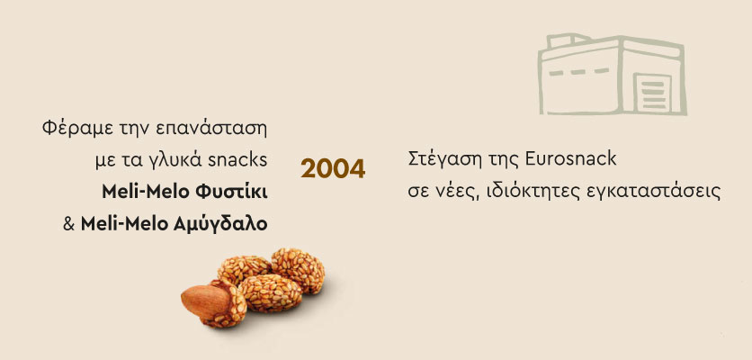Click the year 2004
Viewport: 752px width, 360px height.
pyautogui.click(x=333, y=168)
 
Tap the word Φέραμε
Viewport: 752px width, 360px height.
pyautogui.click(x=67, y=129)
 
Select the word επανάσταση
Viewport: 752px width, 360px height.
pyautogui.click(x=211, y=130)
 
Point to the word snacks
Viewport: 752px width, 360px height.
pyautogui.click(x=237, y=160)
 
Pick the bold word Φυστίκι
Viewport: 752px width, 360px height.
pyautogui.click(x=231, y=192)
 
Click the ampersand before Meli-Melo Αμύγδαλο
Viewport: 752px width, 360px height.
pyautogui.click(x=69, y=224)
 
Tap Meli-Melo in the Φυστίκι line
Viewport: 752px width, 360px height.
pyautogui.click(x=146, y=192)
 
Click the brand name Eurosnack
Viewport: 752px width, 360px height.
pyautogui.click(x=570, y=159)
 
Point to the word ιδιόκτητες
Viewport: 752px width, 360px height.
pyautogui.click(x=533, y=192)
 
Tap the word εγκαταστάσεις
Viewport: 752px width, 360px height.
pyautogui.click(x=654, y=192)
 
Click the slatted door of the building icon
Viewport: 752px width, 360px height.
pyautogui.click(x=653, y=93)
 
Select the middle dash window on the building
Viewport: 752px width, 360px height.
pyautogui.click(x=577, y=72)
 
